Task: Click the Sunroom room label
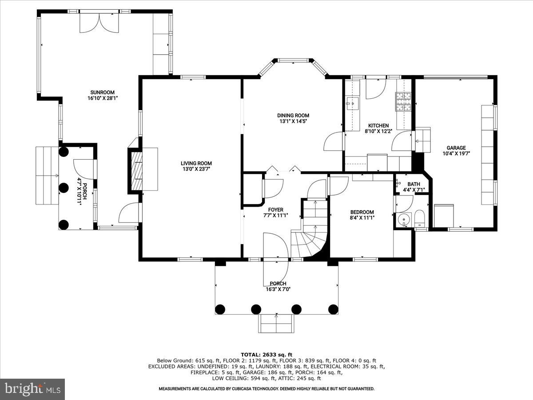(x=102, y=92)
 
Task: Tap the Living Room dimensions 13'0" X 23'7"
(x=196, y=169)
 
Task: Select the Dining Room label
(x=293, y=116)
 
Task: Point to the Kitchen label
(x=378, y=126)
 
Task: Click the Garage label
(x=456, y=148)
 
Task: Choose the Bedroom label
(x=362, y=212)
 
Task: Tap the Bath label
(x=414, y=184)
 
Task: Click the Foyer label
(x=276, y=210)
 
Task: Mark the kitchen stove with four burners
(x=403, y=102)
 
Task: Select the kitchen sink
(x=352, y=104)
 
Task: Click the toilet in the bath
(x=419, y=218)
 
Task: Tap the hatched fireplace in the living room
(x=137, y=171)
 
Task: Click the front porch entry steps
(x=276, y=323)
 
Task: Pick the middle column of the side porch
(x=64, y=188)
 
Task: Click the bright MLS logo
(x=32, y=389)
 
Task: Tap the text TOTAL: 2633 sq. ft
(x=266, y=355)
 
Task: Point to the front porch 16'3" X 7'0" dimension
(x=278, y=289)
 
